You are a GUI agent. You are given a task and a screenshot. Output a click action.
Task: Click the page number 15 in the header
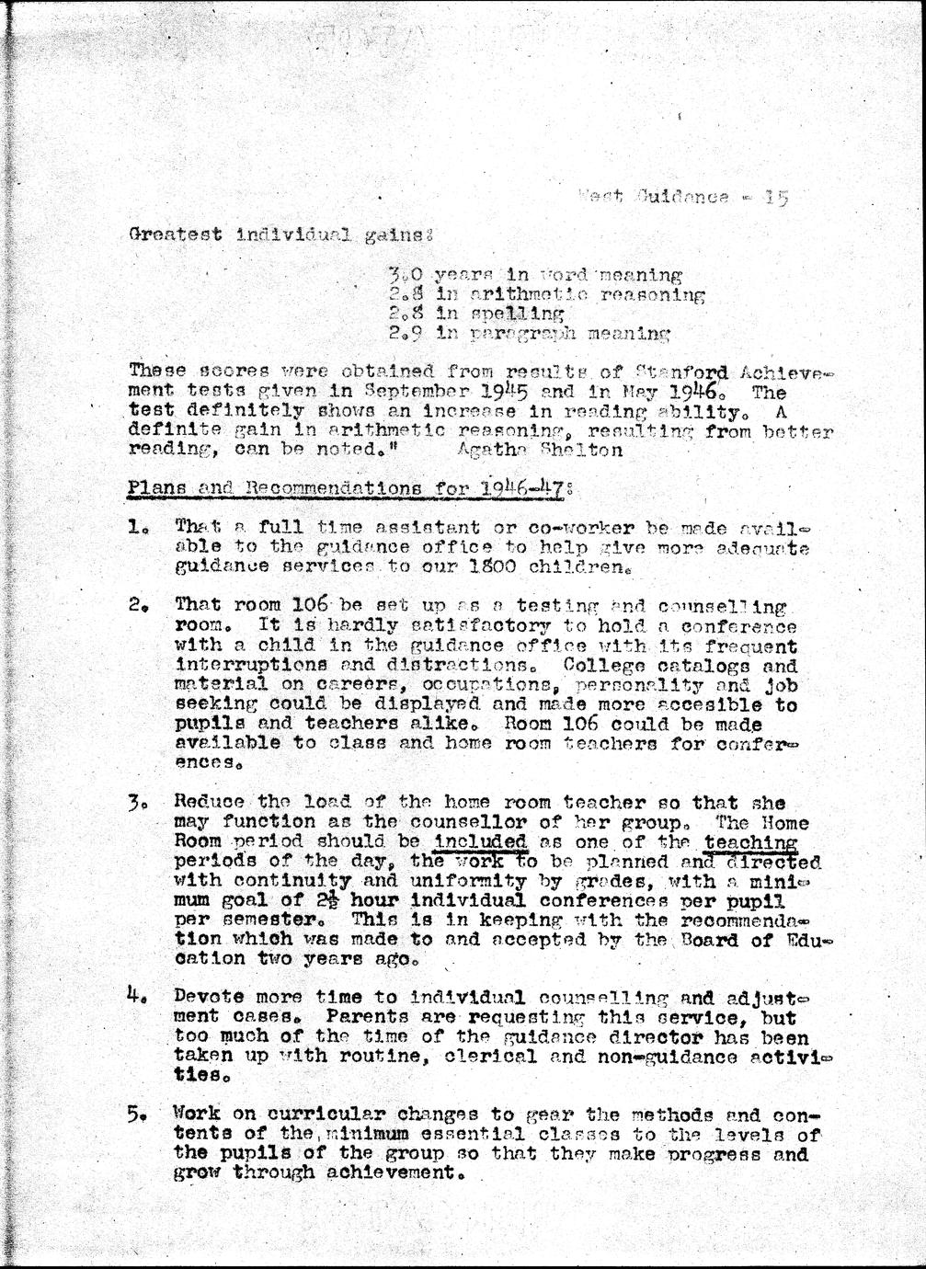(x=776, y=197)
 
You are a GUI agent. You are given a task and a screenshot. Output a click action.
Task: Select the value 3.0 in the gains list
(x=403, y=275)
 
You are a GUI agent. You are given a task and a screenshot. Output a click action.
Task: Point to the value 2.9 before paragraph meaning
(x=403, y=334)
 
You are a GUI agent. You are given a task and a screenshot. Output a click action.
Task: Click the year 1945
(x=500, y=392)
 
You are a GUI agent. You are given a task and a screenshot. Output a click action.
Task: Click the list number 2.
(x=137, y=607)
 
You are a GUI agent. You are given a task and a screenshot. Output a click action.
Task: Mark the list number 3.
(x=137, y=804)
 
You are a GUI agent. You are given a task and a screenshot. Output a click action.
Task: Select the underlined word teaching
(x=750, y=842)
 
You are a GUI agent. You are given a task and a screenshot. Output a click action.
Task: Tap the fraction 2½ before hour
(x=329, y=900)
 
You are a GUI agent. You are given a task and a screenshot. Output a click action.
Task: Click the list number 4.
(x=137, y=996)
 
